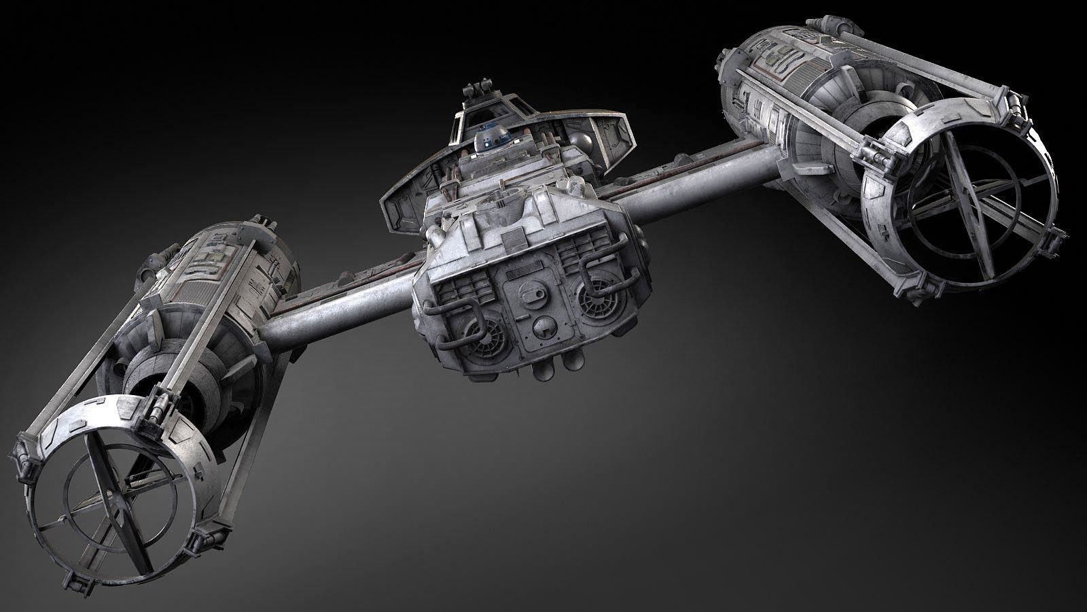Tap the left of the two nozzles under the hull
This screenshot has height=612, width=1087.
pyautogui.click(x=543, y=373)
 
